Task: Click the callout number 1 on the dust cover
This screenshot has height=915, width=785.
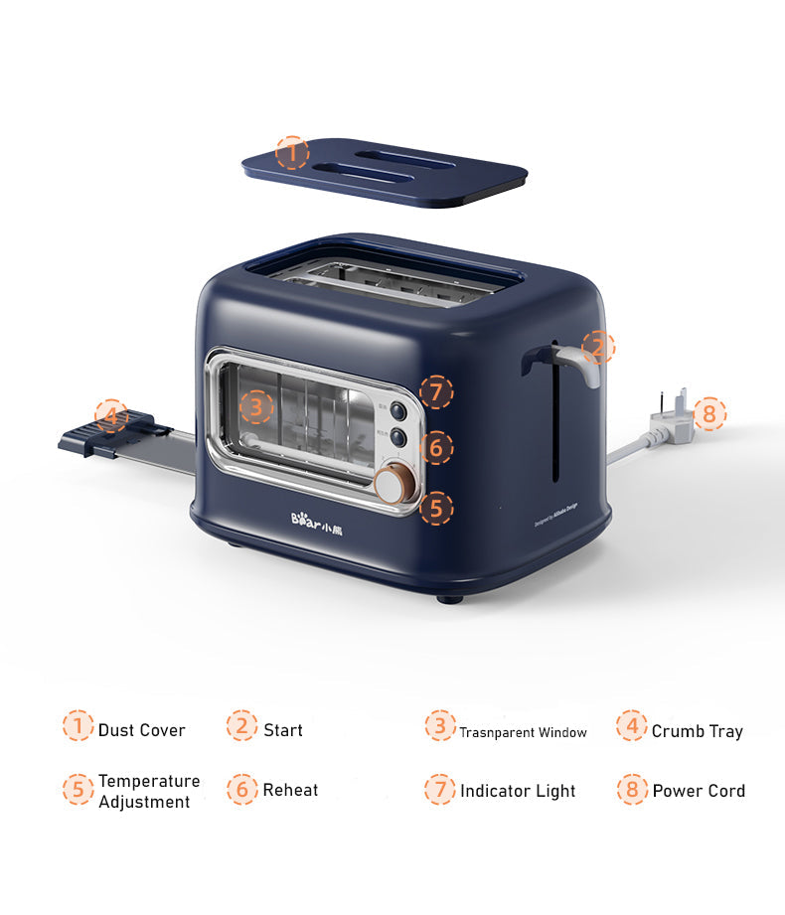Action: click(x=292, y=153)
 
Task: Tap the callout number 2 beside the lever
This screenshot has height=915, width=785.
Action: click(x=598, y=347)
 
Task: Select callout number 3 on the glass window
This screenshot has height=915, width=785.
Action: click(x=256, y=405)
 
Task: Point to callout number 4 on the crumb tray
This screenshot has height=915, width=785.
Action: click(x=111, y=415)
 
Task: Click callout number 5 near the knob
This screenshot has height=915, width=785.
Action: click(x=435, y=510)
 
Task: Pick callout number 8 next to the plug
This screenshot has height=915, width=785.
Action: click(x=709, y=413)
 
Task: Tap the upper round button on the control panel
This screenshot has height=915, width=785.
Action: click(x=398, y=409)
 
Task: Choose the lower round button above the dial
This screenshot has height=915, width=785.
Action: click(x=398, y=436)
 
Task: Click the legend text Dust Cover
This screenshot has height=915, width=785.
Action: click(x=141, y=730)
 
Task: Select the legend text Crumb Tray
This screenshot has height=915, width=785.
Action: click(x=697, y=731)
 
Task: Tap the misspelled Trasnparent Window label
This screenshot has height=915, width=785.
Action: click(x=523, y=733)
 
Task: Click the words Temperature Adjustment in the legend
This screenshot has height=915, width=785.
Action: click(x=148, y=792)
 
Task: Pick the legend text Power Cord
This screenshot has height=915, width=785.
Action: click(x=699, y=792)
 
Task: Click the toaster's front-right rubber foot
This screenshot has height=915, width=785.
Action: click(x=450, y=599)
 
